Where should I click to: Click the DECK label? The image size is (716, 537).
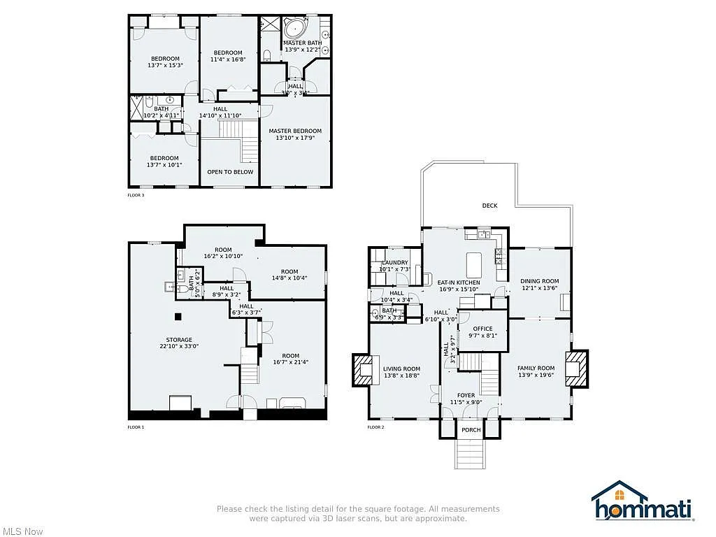pyautogui.click(x=489, y=206)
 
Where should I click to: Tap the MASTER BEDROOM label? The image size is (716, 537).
pyautogui.click(x=295, y=131)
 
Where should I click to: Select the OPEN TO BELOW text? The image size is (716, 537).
pyautogui.click(x=230, y=172)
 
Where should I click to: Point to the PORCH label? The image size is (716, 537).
pyautogui.click(x=471, y=430)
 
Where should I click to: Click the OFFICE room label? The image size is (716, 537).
pyautogui.click(x=482, y=329)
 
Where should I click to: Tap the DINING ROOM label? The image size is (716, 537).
pyautogui.click(x=540, y=281)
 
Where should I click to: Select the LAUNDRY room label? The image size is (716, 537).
pyautogui.click(x=394, y=263)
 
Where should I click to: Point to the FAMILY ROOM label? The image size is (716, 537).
pyautogui.click(x=536, y=368)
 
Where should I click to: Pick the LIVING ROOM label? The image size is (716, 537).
pyautogui.click(x=401, y=369)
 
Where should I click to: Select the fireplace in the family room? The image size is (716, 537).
pyautogui.click(x=575, y=368)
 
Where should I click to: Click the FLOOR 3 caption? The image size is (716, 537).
pyautogui.click(x=136, y=195)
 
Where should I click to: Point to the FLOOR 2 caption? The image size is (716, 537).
pyautogui.click(x=375, y=427)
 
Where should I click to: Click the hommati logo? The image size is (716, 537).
pyautogui.click(x=643, y=503)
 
